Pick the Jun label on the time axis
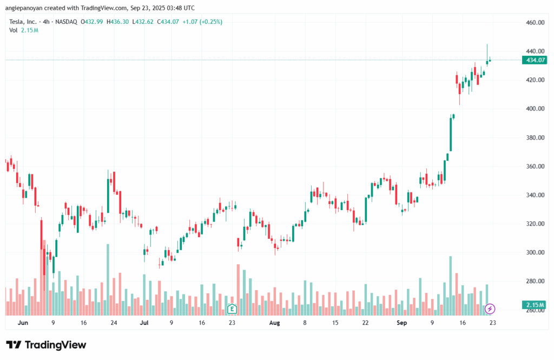click(x=22, y=323)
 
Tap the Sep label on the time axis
click(x=401, y=323)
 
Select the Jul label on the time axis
click(x=144, y=323)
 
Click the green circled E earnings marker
click(x=232, y=309)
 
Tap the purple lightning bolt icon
click(x=490, y=309)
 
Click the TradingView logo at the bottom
click(x=46, y=345)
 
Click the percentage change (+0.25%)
click(x=210, y=22)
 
